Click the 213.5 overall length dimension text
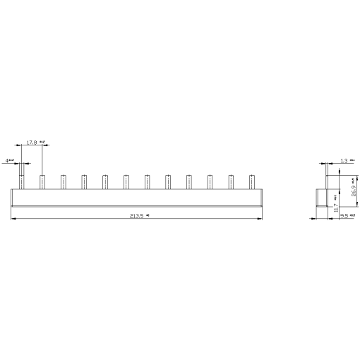pos(137,217)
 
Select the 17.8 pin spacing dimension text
pos(32,143)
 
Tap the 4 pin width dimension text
pos(8,161)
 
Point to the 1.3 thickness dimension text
pos(344,162)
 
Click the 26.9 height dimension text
pos(353,188)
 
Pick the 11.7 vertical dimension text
pos(336,205)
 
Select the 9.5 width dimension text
pos(344,217)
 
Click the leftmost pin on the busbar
pos(22,181)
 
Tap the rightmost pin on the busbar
pos(251,181)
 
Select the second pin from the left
pos(42,181)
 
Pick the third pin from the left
pos(63,181)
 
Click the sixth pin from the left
pos(126,181)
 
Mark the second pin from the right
pos(230,181)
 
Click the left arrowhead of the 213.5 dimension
pos(13,217)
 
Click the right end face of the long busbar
pos(262,197)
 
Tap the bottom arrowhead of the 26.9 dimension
pos(350,205)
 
